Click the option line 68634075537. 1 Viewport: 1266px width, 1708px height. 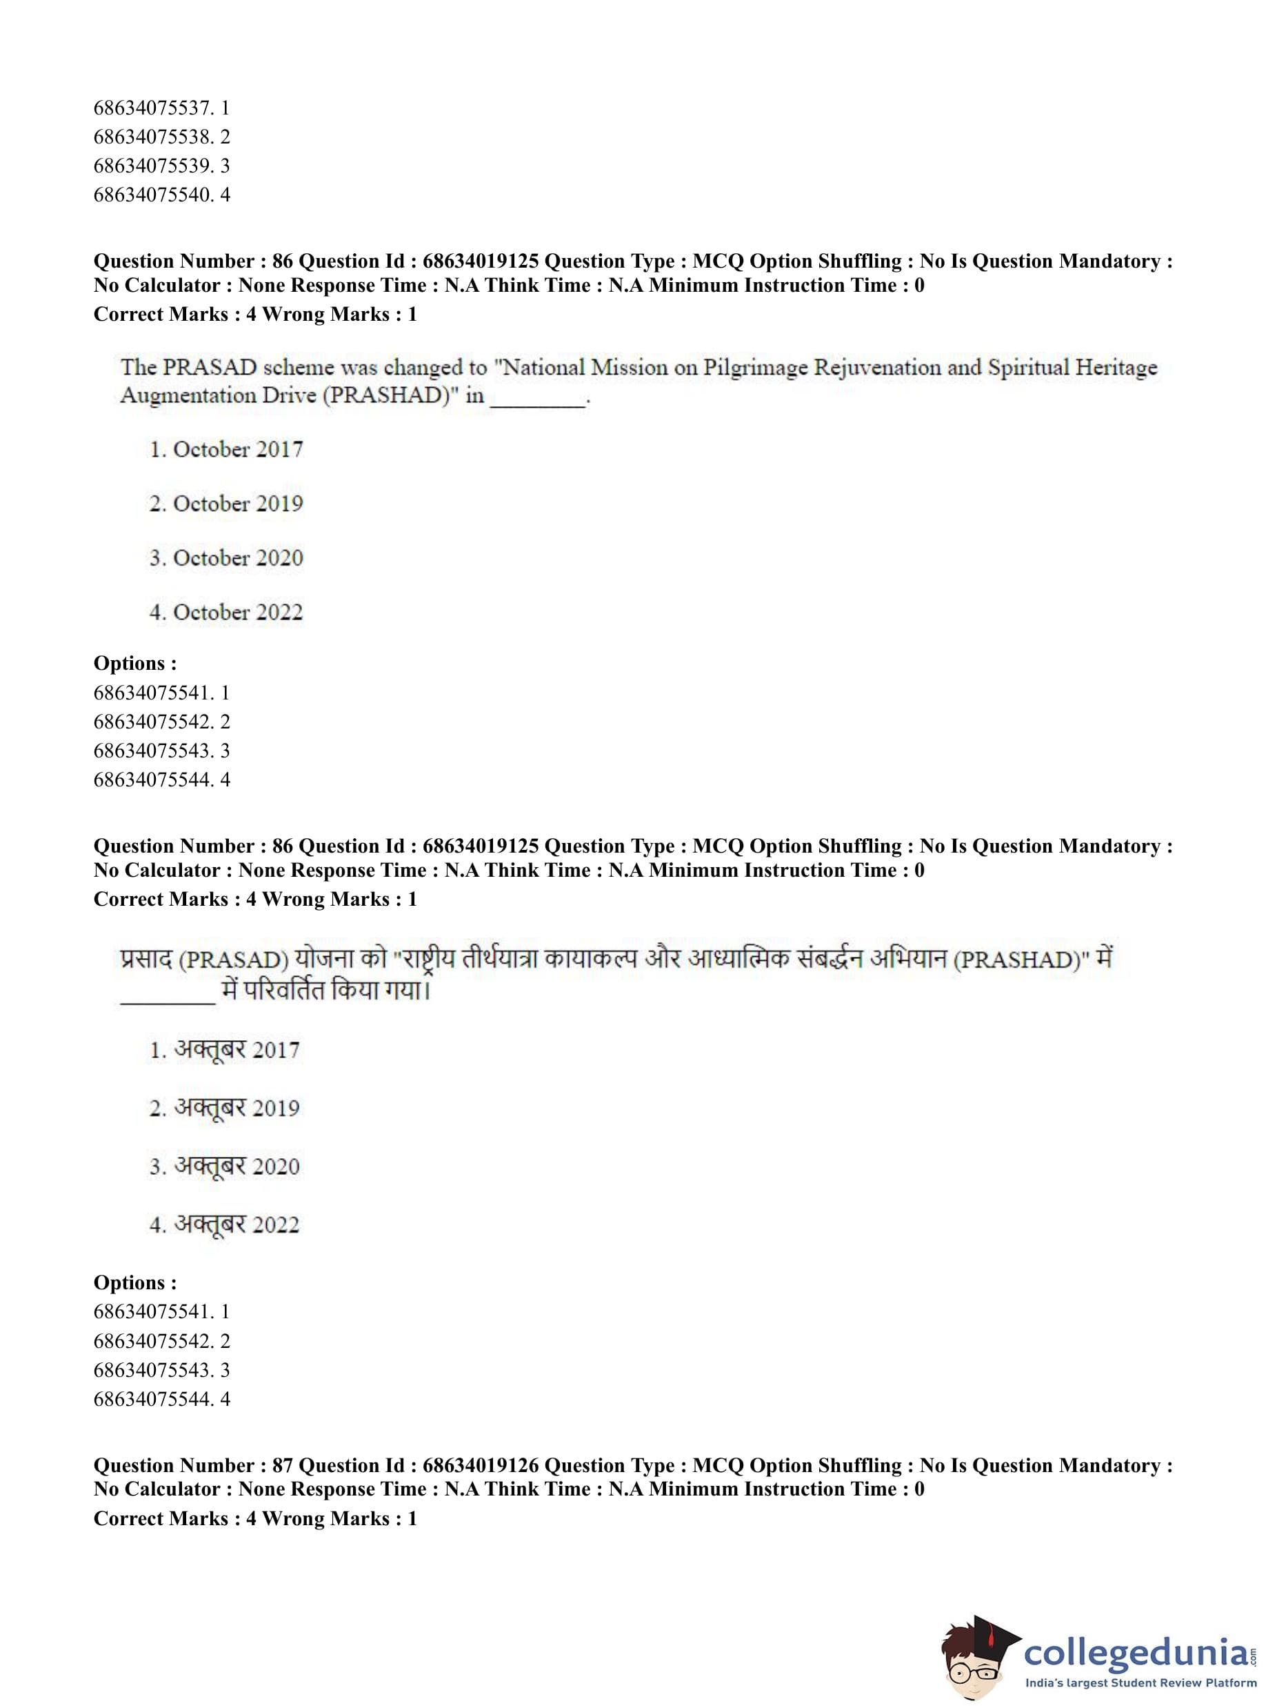tap(161, 108)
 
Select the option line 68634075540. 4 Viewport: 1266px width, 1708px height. tap(161, 195)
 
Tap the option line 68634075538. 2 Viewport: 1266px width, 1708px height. tap(161, 137)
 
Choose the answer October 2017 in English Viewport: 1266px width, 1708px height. tap(227, 449)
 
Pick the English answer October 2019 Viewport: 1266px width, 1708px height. tap(227, 504)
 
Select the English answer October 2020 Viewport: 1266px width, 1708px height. tap(227, 558)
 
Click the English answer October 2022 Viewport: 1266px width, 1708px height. tap(227, 613)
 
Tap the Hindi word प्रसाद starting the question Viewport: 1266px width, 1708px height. tap(146, 959)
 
